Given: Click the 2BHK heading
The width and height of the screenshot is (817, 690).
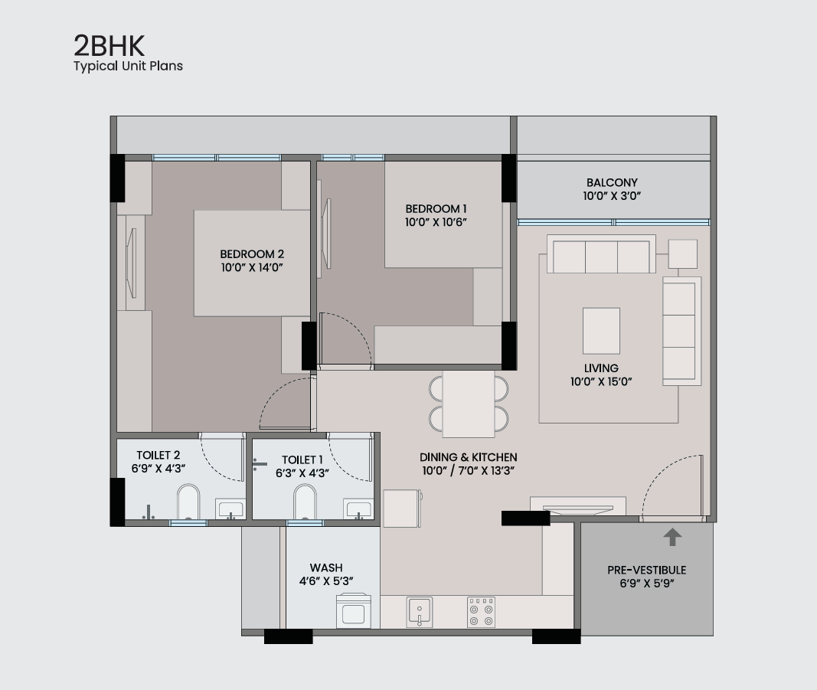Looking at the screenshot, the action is (x=109, y=46).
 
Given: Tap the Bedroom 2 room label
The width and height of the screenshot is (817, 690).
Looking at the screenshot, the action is (x=252, y=254).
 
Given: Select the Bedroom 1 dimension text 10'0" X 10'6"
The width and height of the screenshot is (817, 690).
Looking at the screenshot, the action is (x=436, y=222).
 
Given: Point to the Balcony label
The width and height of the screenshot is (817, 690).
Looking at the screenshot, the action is (x=612, y=182).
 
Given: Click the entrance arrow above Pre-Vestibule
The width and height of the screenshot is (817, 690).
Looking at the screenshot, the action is (x=672, y=537).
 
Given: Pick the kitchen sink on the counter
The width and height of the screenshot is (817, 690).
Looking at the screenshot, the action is (x=420, y=612).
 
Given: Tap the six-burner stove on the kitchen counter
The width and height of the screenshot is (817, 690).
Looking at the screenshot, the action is (x=481, y=612).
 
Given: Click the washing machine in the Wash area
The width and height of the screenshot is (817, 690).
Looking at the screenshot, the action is (x=354, y=611).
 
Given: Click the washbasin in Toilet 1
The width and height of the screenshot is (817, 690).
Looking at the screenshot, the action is (x=358, y=509).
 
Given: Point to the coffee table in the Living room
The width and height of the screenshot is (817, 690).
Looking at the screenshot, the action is (x=601, y=331).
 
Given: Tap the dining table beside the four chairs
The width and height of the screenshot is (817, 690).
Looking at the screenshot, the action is (x=469, y=404).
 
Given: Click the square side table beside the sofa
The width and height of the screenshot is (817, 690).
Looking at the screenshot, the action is (x=682, y=254).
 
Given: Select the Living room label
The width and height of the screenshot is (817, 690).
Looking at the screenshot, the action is (x=601, y=368).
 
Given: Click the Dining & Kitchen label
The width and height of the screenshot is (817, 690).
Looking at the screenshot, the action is (x=469, y=457).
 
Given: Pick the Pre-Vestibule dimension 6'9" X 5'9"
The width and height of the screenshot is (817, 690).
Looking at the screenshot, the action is (x=646, y=583).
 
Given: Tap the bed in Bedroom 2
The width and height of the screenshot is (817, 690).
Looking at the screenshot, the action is (x=252, y=263).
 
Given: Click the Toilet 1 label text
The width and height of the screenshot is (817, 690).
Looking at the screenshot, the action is (x=302, y=459).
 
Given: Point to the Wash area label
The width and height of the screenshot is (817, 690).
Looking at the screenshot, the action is (x=326, y=567).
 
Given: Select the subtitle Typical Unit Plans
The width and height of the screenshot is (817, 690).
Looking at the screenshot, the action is (x=128, y=66).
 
